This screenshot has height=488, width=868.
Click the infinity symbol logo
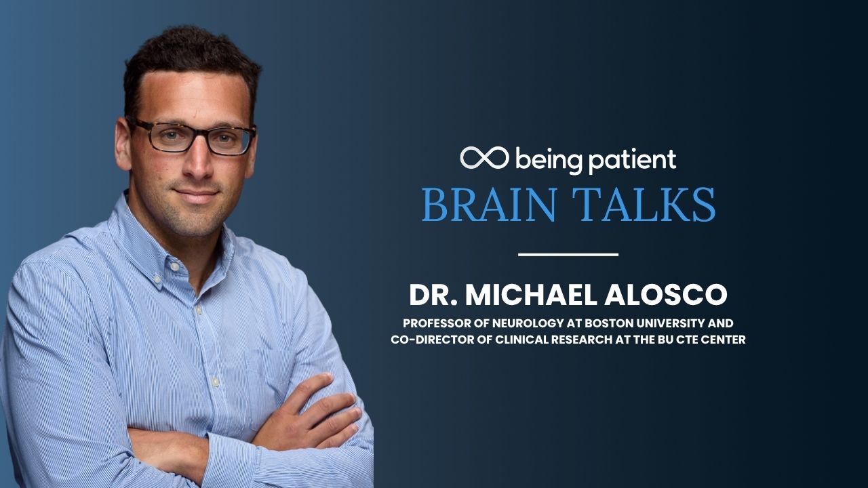point(484,158)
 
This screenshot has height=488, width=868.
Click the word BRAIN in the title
point(489,205)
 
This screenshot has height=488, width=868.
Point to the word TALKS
point(644,205)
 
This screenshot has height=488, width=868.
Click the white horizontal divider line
point(568,254)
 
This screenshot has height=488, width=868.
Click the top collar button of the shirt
point(174,267)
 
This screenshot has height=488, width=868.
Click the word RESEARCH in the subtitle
point(582,340)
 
